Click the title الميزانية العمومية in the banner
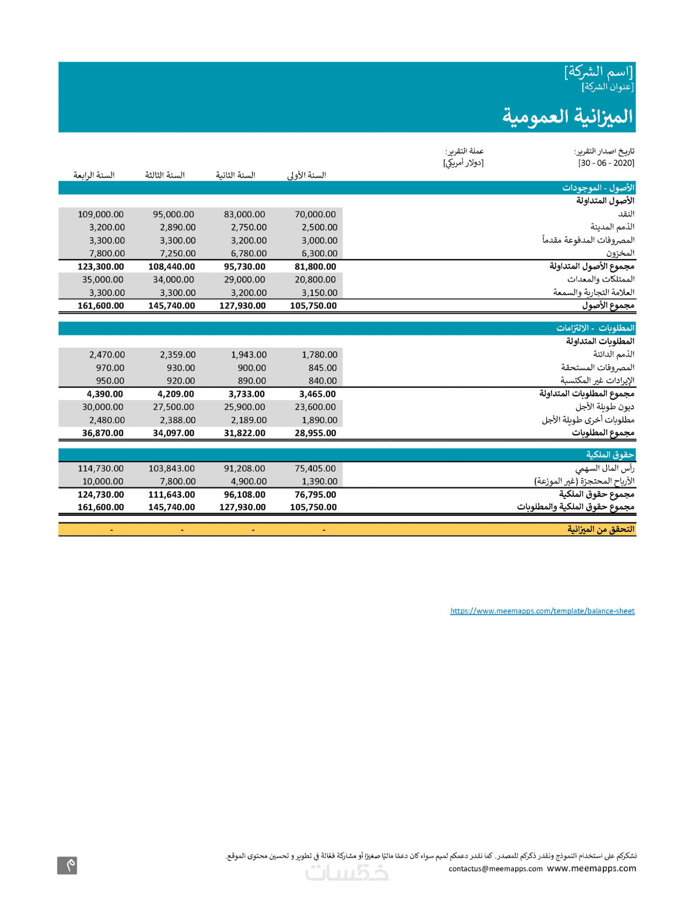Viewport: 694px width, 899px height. (x=567, y=116)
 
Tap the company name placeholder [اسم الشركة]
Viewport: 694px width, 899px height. (x=598, y=72)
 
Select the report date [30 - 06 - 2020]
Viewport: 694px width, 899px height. (x=606, y=163)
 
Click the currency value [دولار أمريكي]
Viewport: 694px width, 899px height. (x=463, y=163)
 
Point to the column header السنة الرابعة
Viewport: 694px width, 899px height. (x=94, y=175)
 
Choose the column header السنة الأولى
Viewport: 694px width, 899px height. (x=306, y=175)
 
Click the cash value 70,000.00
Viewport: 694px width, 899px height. (x=315, y=215)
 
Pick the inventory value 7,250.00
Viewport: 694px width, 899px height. (x=177, y=254)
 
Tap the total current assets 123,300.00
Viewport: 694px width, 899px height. (x=101, y=267)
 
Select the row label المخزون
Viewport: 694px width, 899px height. (x=620, y=253)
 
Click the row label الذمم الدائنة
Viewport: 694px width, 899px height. (x=613, y=354)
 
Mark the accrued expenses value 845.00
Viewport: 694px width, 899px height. (x=322, y=368)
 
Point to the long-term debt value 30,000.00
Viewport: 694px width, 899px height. (x=102, y=407)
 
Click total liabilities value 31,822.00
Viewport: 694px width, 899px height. (x=244, y=433)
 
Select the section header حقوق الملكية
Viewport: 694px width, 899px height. (x=610, y=455)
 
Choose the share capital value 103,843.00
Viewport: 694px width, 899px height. (x=172, y=469)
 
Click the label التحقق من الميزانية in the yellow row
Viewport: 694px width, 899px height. (x=601, y=529)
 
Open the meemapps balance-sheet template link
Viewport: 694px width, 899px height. (x=542, y=611)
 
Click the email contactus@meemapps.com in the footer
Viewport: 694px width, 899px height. (x=495, y=868)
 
